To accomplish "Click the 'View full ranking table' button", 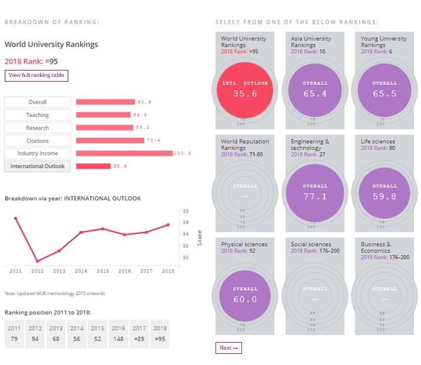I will point(36,76).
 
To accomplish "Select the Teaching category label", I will point(37,115).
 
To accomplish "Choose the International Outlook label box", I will point(37,166).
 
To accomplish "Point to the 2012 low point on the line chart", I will point(37,261).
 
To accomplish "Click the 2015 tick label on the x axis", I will point(102,270).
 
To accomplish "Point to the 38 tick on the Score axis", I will point(185,210).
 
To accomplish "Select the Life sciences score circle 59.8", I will point(385,193).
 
